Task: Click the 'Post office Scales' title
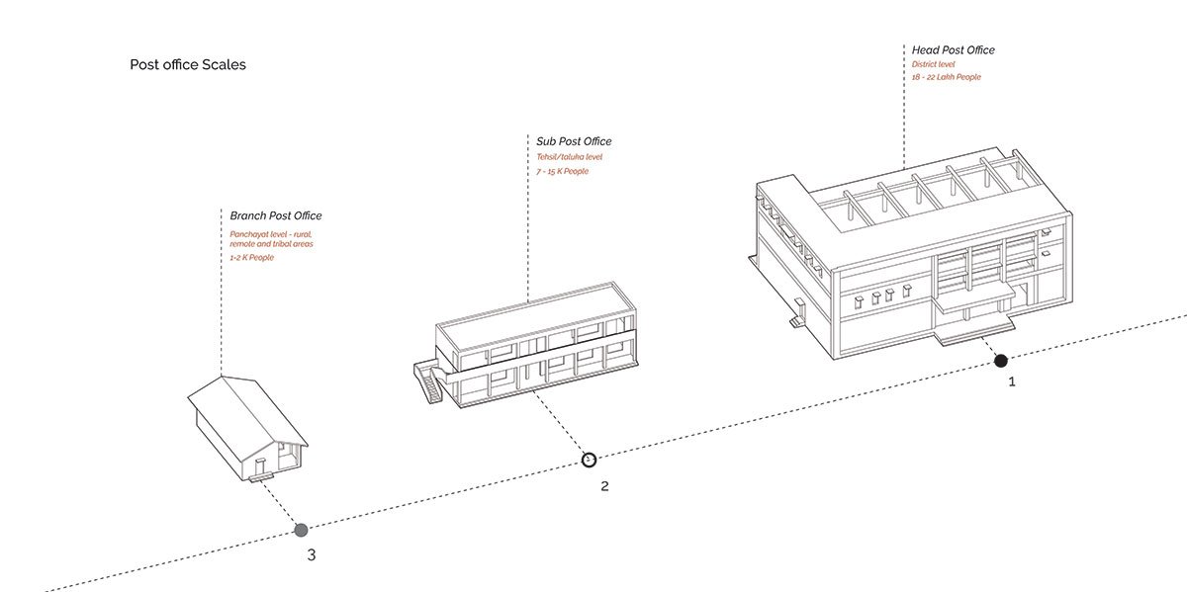[x=188, y=64]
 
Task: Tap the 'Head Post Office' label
[x=954, y=49]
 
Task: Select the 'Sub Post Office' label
[x=574, y=141]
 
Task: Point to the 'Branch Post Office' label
[x=276, y=215]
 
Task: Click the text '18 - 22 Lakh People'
[x=947, y=77]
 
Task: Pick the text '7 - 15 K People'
[x=562, y=171]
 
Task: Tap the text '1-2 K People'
[x=252, y=257]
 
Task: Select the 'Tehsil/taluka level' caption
[x=569, y=156]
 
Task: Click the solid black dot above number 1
[x=1001, y=361]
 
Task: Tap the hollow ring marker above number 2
[x=589, y=460]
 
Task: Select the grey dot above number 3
[x=301, y=530]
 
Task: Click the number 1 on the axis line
[x=1011, y=381]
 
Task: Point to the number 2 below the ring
[x=604, y=485]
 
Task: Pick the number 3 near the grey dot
[x=312, y=554]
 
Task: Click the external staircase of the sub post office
[x=427, y=382]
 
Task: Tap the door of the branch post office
[x=259, y=465]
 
